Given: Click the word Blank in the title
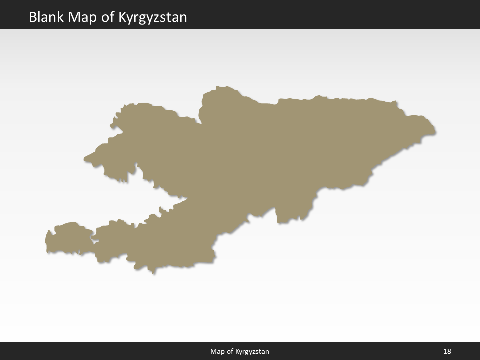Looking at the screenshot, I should point(47,17).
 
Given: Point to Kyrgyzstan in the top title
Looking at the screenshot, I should point(153,18).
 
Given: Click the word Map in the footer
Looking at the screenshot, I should point(217,352).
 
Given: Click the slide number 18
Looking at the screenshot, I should point(447,352).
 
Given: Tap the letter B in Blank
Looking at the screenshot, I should point(33,17).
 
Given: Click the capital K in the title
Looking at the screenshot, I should point(123,17).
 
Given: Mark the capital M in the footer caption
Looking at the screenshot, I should point(213,352).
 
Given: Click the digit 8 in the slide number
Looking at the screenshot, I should point(449,352).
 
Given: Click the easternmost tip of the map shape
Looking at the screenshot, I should point(435,133).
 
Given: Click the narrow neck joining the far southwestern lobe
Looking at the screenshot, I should point(93,240).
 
